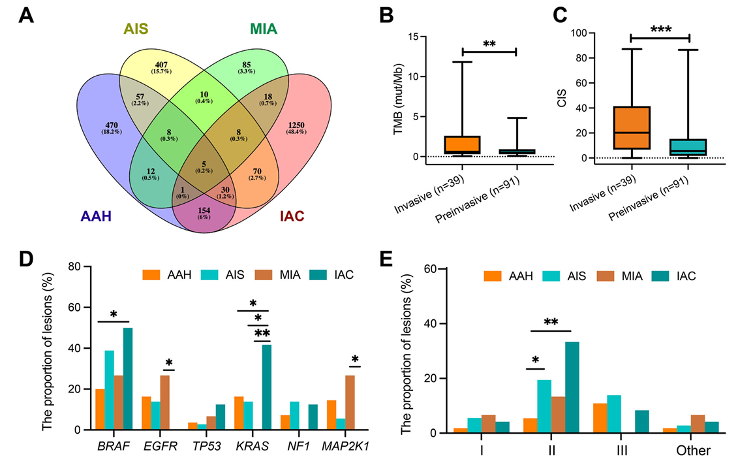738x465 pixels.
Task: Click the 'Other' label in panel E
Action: tap(693, 451)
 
